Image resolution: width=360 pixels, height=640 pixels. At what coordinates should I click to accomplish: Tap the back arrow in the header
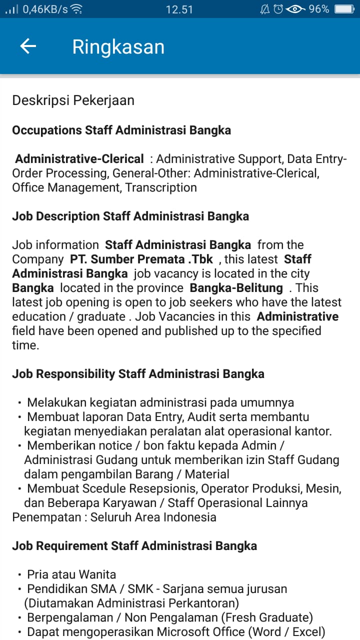click(x=28, y=46)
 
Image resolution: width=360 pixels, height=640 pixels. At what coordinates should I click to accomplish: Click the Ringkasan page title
click(x=118, y=46)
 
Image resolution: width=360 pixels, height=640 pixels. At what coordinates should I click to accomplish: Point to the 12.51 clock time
click(x=179, y=9)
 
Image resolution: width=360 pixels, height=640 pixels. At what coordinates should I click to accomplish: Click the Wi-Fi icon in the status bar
click(x=76, y=9)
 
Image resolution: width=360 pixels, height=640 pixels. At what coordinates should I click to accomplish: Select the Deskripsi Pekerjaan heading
click(x=73, y=100)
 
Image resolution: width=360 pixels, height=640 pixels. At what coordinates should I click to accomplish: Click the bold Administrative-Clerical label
click(x=79, y=159)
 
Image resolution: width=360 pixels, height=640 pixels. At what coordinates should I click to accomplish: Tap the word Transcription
click(x=161, y=188)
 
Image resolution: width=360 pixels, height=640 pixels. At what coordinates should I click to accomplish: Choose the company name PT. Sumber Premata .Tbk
click(x=141, y=259)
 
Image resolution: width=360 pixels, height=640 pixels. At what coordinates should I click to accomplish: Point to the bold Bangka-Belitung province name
click(x=236, y=288)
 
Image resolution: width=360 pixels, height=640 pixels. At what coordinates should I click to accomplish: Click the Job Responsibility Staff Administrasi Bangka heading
click(x=138, y=374)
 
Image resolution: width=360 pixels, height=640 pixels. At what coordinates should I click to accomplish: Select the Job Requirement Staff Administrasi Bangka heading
click(x=134, y=545)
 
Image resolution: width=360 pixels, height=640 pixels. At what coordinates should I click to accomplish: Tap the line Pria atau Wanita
click(x=71, y=574)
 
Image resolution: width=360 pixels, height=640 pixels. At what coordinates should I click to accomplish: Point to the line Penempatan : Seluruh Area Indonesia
click(x=114, y=517)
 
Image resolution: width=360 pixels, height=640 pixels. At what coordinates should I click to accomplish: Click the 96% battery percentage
click(x=318, y=9)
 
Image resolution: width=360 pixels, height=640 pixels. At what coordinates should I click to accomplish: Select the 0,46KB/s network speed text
click(x=45, y=9)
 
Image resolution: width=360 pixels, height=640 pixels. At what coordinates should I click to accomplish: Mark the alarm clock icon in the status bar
click(x=278, y=9)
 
